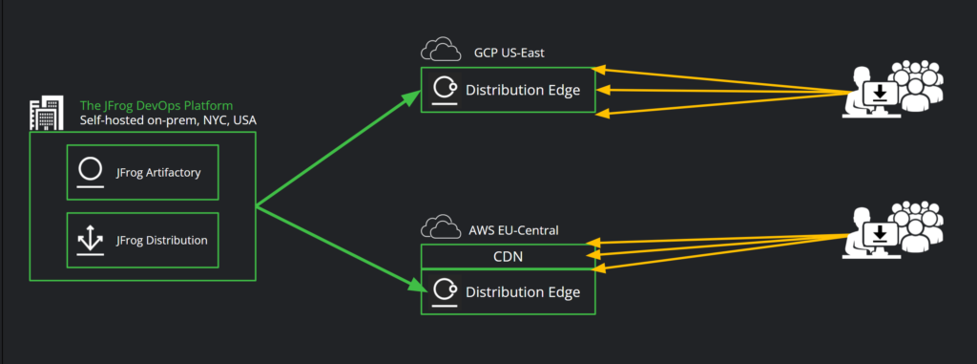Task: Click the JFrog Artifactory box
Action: point(143,172)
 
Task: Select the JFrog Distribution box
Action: point(143,240)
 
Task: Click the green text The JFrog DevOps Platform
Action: point(156,105)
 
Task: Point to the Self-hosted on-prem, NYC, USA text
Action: point(167,120)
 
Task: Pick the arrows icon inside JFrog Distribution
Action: point(91,240)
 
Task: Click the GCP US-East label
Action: point(509,52)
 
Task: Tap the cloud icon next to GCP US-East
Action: point(439,51)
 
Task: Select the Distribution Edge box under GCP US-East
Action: point(508,91)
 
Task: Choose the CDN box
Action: point(508,256)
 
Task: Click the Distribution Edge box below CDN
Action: point(508,291)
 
